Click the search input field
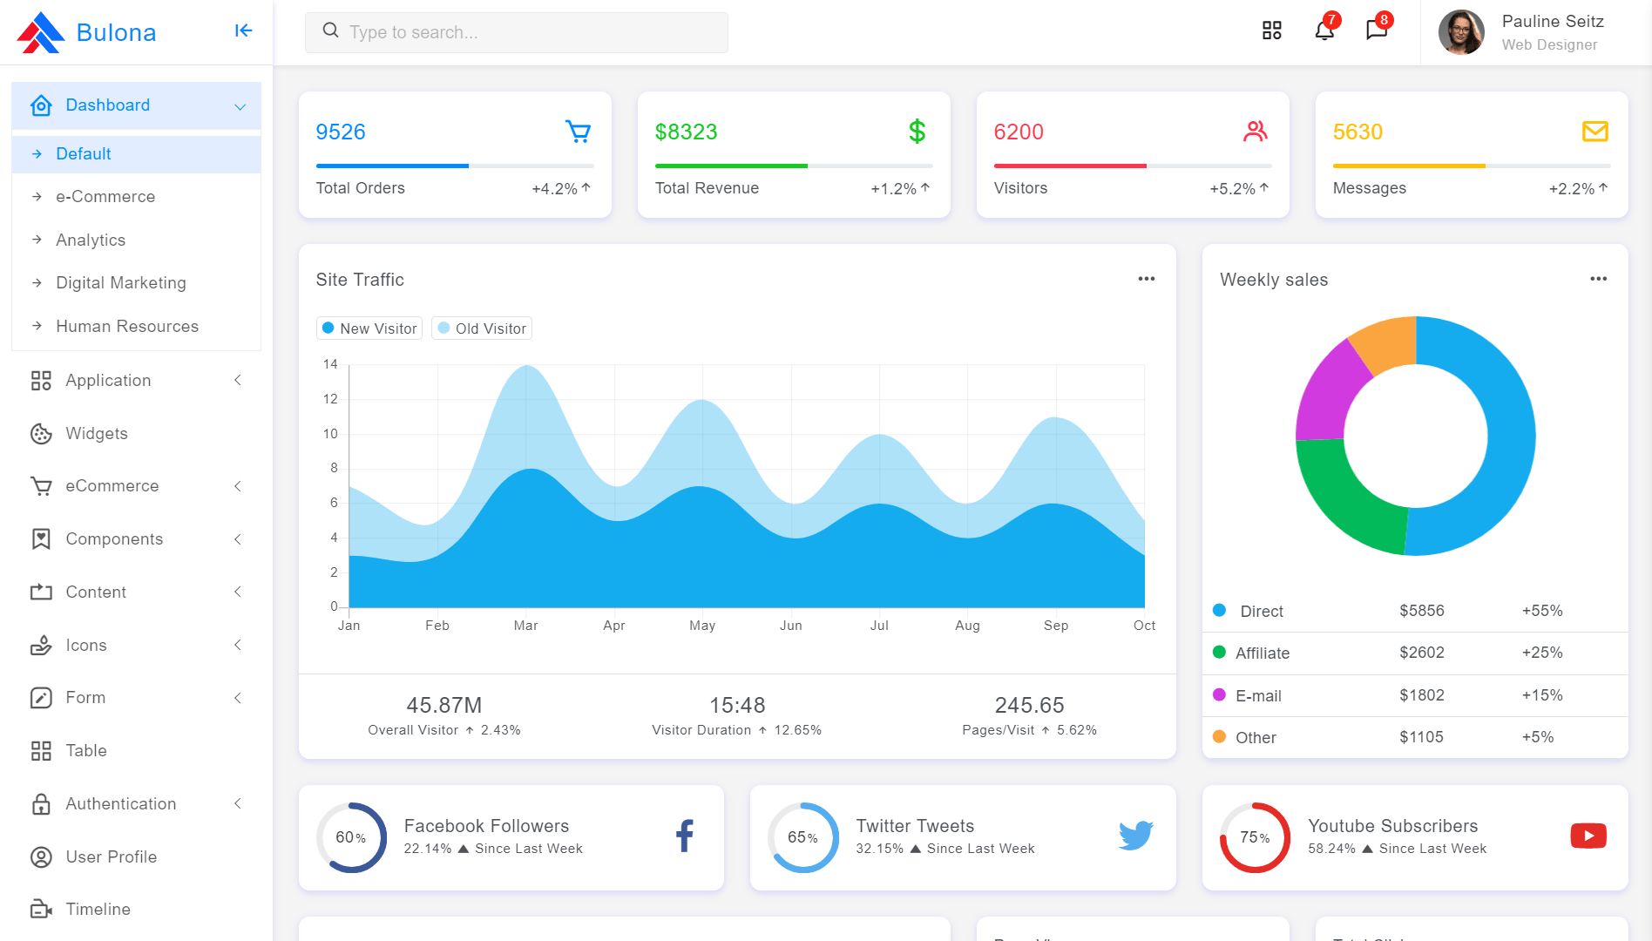click(x=516, y=32)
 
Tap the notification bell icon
click(x=1324, y=30)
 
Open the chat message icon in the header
click(x=1377, y=30)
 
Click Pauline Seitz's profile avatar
click(x=1461, y=32)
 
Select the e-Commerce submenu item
click(x=105, y=197)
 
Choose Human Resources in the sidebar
click(x=127, y=327)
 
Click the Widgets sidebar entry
click(x=97, y=434)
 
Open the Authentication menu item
click(x=121, y=804)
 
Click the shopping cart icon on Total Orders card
click(x=579, y=132)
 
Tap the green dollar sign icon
click(x=917, y=132)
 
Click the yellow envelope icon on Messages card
click(x=1595, y=132)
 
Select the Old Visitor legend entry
click(x=482, y=328)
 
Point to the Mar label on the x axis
click(x=525, y=626)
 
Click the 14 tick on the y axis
click(x=330, y=364)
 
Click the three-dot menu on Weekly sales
click(x=1598, y=279)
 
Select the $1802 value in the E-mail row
click(x=1422, y=695)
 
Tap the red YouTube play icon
click(x=1588, y=836)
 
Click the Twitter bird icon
click(x=1136, y=836)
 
